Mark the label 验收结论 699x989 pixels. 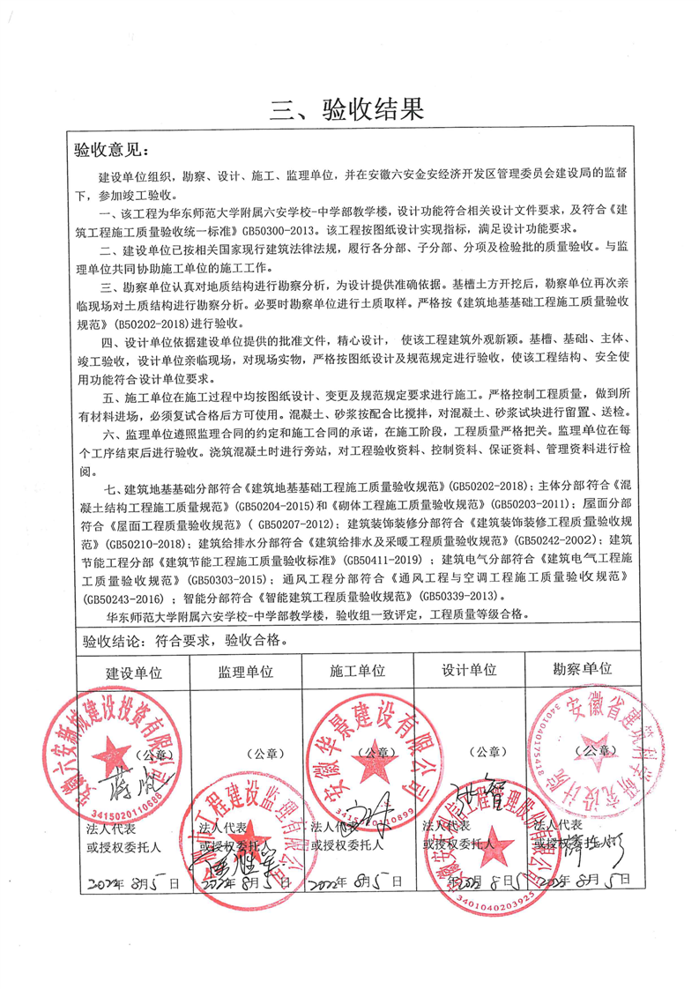coord(107,636)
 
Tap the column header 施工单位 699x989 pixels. coord(358,671)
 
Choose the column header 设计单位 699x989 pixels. coord(469,671)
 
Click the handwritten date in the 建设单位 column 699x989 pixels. coord(132,881)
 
